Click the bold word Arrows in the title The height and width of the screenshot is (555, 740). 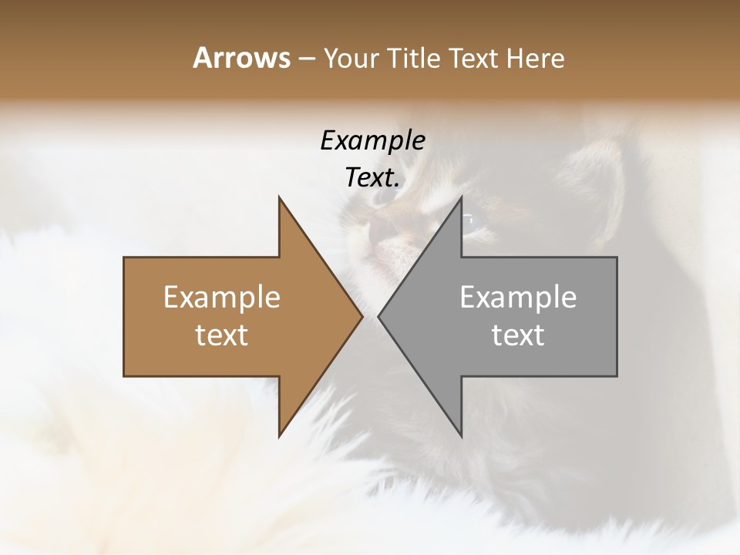click(241, 58)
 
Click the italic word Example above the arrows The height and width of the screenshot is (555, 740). click(372, 141)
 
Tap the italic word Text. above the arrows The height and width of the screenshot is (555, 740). click(373, 178)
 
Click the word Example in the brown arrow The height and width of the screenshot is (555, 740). click(222, 298)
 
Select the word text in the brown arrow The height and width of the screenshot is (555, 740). click(222, 335)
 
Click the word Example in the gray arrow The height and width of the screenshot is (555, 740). click(518, 298)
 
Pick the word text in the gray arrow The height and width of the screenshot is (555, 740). click(518, 335)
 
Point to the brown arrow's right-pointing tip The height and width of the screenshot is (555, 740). click(361, 316)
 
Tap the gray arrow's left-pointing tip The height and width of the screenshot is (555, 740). click(379, 316)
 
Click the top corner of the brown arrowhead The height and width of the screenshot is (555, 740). click(279, 197)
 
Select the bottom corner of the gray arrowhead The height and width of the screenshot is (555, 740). click(461, 436)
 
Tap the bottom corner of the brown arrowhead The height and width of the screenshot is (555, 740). click(279, 436)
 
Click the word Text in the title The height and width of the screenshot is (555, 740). click(473, 59)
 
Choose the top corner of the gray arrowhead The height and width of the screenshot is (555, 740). click(461, 197)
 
